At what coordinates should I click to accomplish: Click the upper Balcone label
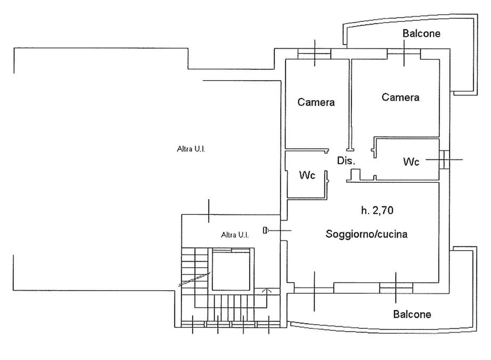(421, 34)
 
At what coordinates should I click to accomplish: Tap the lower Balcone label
(412, 314)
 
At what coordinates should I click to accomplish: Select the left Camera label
(316, 102)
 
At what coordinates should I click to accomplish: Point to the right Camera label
(400, 97)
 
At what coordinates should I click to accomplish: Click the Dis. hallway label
(346, 161)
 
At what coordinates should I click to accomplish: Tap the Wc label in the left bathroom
(307, 175)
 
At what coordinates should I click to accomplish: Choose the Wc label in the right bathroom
(411, 162)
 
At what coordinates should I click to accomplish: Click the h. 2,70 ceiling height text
(377, 211)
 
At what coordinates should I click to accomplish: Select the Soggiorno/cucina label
(366, 234)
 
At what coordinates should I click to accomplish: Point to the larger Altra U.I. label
(191, 149)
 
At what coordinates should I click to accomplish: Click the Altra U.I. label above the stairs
(235, 235)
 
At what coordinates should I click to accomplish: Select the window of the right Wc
(444, 160)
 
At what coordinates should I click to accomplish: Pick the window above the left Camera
(314, 54)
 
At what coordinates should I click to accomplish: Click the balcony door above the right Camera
(404, 52)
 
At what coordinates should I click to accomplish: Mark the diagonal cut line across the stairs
(194, 279)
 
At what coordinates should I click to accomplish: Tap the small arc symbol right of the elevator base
(267, 291)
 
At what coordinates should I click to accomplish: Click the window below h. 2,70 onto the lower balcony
(396, 288)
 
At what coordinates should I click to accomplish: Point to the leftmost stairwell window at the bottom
(193, 324)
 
